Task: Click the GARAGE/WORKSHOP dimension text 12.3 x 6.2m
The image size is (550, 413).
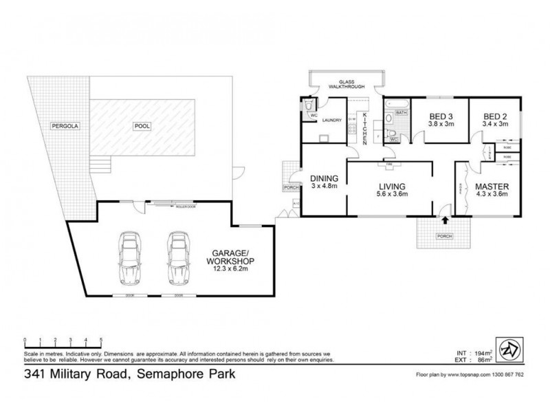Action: point(230,270)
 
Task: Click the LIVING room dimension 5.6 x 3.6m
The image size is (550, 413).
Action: point(390,194)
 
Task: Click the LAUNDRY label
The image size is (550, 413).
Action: point(332,120)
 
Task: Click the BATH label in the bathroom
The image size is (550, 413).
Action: point(401,112)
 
